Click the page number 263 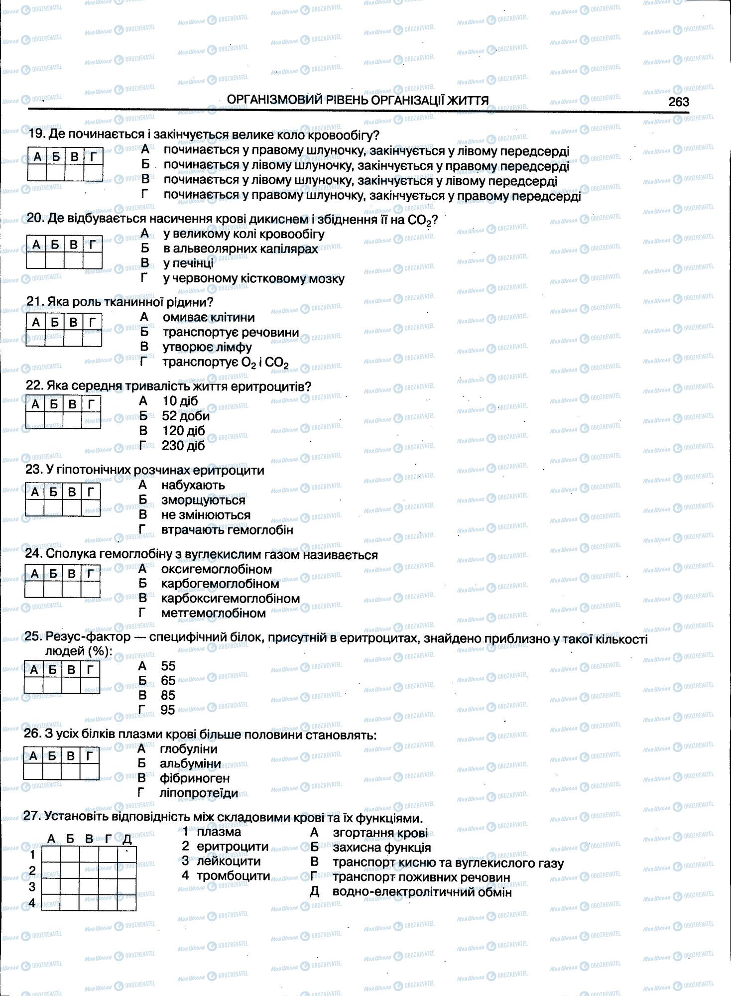coord(678,102)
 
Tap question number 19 coord(36,134)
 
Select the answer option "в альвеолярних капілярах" coord(241,249)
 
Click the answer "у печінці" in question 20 coord(188,263)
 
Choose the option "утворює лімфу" coord(207,347)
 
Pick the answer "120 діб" coord(183,431)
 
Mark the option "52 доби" coord(186,416)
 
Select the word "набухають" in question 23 coord(193,485)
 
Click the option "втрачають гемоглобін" coord(227,530)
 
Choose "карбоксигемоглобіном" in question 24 coord(230,598)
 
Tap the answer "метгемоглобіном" coord(213,613)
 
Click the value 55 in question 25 coord(168,666)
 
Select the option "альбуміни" coord(190,763)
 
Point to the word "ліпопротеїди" coord(199,793)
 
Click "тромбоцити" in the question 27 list coord(233,875)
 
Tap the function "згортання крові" coord(380,833)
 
